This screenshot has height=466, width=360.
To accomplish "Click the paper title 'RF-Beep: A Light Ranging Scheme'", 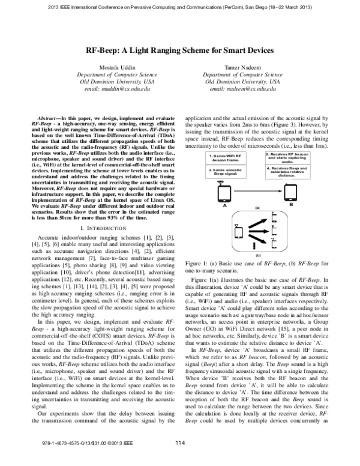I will [180, 52].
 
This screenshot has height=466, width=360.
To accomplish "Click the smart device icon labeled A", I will [224, 192].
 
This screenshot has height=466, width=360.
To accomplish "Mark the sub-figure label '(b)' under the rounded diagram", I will [257, 254].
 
